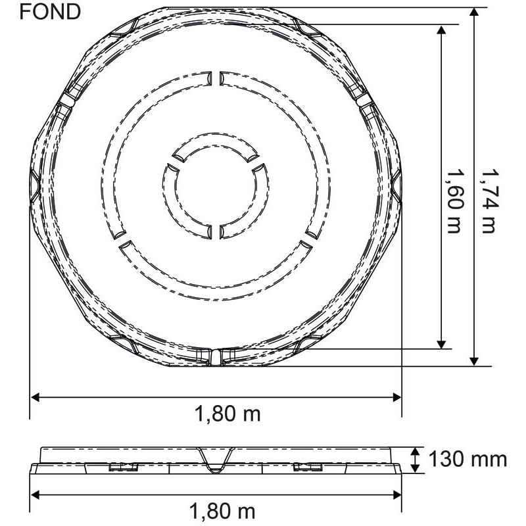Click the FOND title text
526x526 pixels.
point(50,12)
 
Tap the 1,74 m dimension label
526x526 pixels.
point(488,201)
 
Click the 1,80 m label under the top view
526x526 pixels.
point(227,414)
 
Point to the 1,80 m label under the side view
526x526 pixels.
point(222,512)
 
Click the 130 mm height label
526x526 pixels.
point(467,459)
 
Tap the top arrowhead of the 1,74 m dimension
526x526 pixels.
point(473,12)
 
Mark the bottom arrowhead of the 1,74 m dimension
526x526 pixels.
point(473,361)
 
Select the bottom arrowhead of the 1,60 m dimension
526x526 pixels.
point(441,344)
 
